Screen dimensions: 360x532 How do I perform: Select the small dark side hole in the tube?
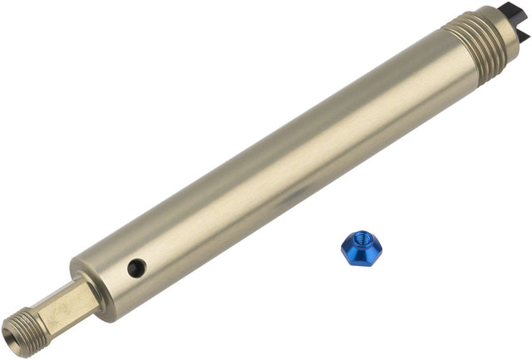tap(136, 268)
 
